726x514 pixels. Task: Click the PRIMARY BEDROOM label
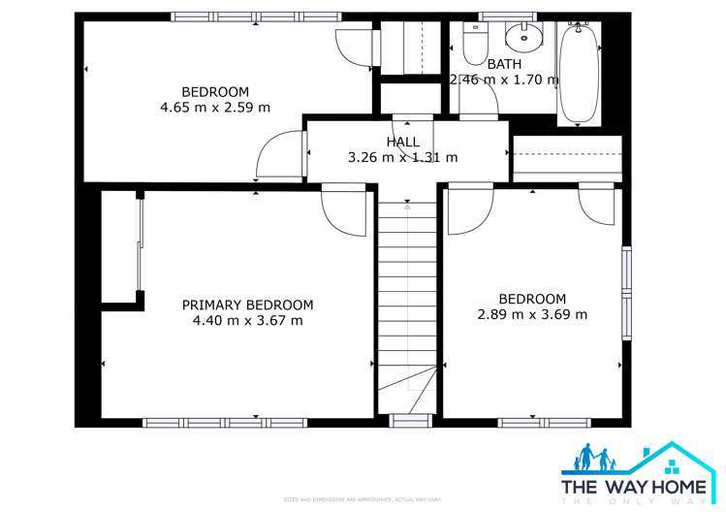[x=247, y=305]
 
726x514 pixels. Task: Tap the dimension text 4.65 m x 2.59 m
[x=214, y=108]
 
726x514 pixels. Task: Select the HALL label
[x=402, y=142]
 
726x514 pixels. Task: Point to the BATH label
[x=503, y=64]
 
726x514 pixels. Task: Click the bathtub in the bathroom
[x=579, y=74]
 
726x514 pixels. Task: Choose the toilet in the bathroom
[x=476, y=45]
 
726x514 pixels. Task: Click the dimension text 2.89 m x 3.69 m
[x=532, y=314]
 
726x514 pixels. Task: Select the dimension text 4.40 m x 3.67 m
[x=247, y=320]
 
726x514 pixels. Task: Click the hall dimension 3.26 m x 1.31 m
[x=402, y=157]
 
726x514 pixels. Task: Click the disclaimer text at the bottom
[x=363, y=500]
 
